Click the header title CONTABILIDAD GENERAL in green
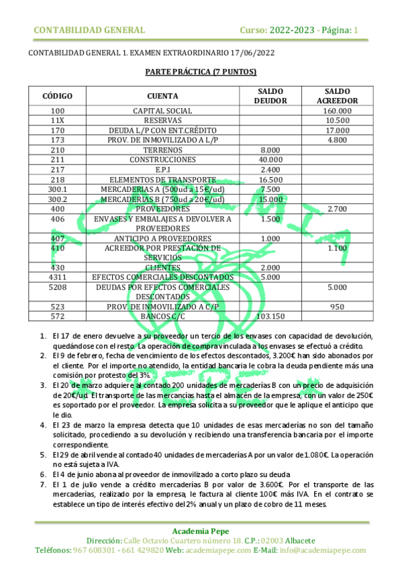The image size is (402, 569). coord(89,30)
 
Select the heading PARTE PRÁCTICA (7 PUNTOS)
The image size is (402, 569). coord(201,72)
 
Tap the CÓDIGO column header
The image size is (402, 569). coord(58,96)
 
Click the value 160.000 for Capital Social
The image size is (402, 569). coord(337,111)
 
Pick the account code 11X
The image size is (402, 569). coord(58,120)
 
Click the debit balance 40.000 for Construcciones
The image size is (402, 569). coord(270,160)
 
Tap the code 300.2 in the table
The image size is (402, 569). coord(58,199)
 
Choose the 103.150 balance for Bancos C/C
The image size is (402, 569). coord(270,316)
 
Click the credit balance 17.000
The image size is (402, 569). coord(337,130)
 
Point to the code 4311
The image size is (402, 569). coord(58,277)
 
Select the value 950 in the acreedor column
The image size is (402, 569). coord(337,307)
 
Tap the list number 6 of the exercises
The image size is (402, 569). coord(44,472)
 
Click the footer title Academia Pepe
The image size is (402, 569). coord(201,530)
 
